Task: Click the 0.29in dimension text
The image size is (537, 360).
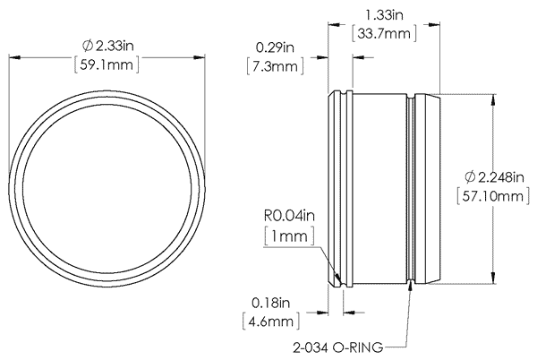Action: point(277,47)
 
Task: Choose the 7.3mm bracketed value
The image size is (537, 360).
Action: point(277,67)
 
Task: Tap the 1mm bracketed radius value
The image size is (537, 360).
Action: point(286,236)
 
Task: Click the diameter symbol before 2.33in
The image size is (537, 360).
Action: point(87,46)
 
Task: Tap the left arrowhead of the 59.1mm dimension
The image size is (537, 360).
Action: point(13,57)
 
